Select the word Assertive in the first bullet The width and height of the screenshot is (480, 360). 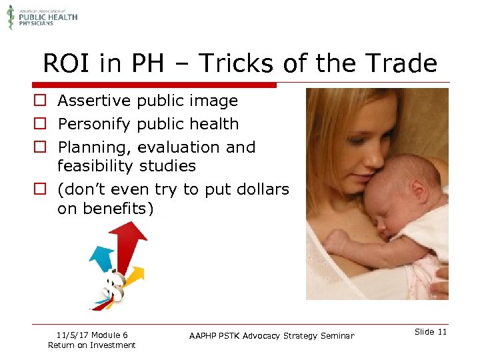point(94,101)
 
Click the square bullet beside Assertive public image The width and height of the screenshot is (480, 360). point(41,101)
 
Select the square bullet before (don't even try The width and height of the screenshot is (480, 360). point(41,189)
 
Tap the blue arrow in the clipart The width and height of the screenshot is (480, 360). point(103,257)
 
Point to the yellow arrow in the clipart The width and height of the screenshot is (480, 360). point(133,276)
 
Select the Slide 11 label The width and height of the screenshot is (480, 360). point(430,332)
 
